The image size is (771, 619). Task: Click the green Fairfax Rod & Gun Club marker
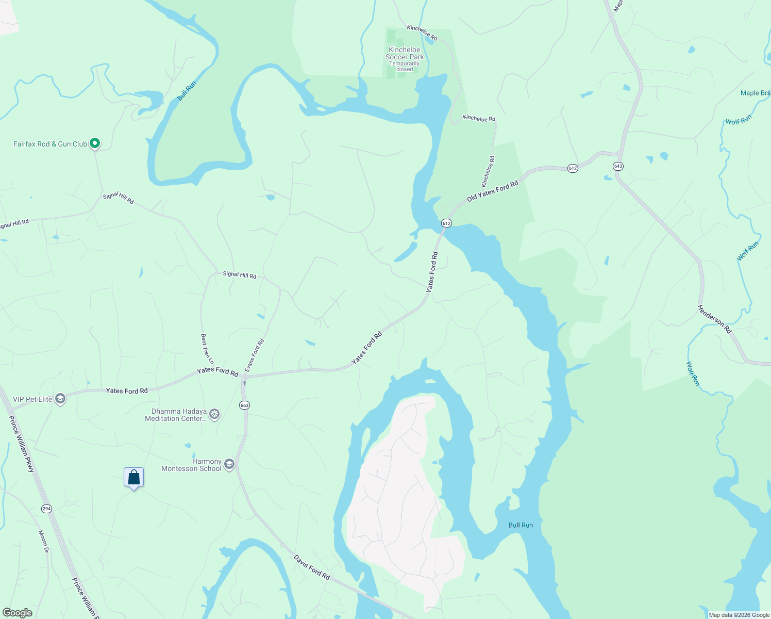pos(95,143)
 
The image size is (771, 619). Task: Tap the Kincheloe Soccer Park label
pos(405,53)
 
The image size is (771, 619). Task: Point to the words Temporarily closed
pos(405,67)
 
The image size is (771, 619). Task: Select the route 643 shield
pos(618,166)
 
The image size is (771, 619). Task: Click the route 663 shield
pos(244,405)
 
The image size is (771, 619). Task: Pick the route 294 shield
pos(46,509)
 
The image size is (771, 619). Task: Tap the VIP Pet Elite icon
pos(60,399)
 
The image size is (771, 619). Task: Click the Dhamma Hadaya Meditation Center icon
pos(214,414)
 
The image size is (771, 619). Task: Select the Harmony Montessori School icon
pos(229,464)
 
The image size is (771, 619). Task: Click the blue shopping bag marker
pos(133,477)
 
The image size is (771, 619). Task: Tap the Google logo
pos(18,613)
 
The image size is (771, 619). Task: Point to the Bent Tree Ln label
pos(207,349)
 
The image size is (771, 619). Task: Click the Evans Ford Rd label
pos(255,355)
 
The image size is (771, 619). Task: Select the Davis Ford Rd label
pos(312,567)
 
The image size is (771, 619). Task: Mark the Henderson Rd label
pos(714,319)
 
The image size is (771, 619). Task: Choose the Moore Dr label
pos(43,542)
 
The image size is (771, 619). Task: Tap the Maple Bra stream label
pos(755,93)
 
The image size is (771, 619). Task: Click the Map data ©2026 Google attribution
pos(739,615)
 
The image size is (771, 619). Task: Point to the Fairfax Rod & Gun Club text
pos(50,144)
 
